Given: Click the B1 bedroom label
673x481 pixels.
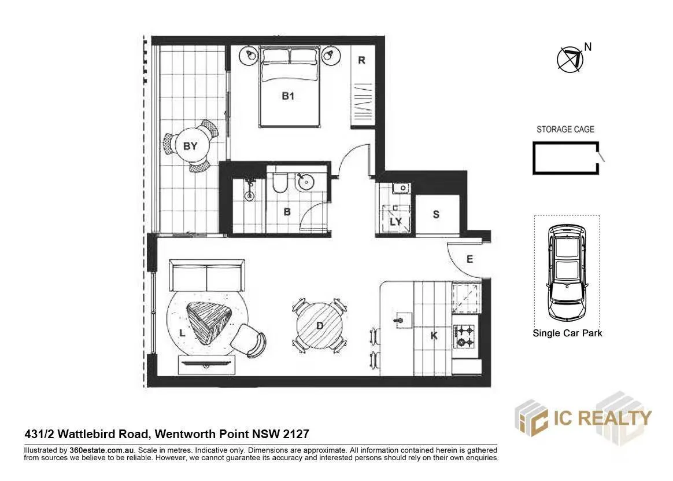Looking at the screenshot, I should (288, 96).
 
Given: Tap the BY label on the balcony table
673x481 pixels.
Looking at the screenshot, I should (190, 146).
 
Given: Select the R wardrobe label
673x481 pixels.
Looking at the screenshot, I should (361, 60).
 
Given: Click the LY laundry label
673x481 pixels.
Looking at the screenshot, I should (395, 222).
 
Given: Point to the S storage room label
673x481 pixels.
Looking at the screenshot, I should (436, 214).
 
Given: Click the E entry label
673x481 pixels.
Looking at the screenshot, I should (469, 259).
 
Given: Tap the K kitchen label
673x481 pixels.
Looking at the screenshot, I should (434, 335).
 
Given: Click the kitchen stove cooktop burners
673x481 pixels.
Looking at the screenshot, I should (465, 336).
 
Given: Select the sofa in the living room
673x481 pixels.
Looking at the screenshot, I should (206, 276).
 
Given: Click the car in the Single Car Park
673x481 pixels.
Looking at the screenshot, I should (567, 270).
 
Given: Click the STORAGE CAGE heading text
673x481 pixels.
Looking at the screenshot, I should (565, 130).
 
